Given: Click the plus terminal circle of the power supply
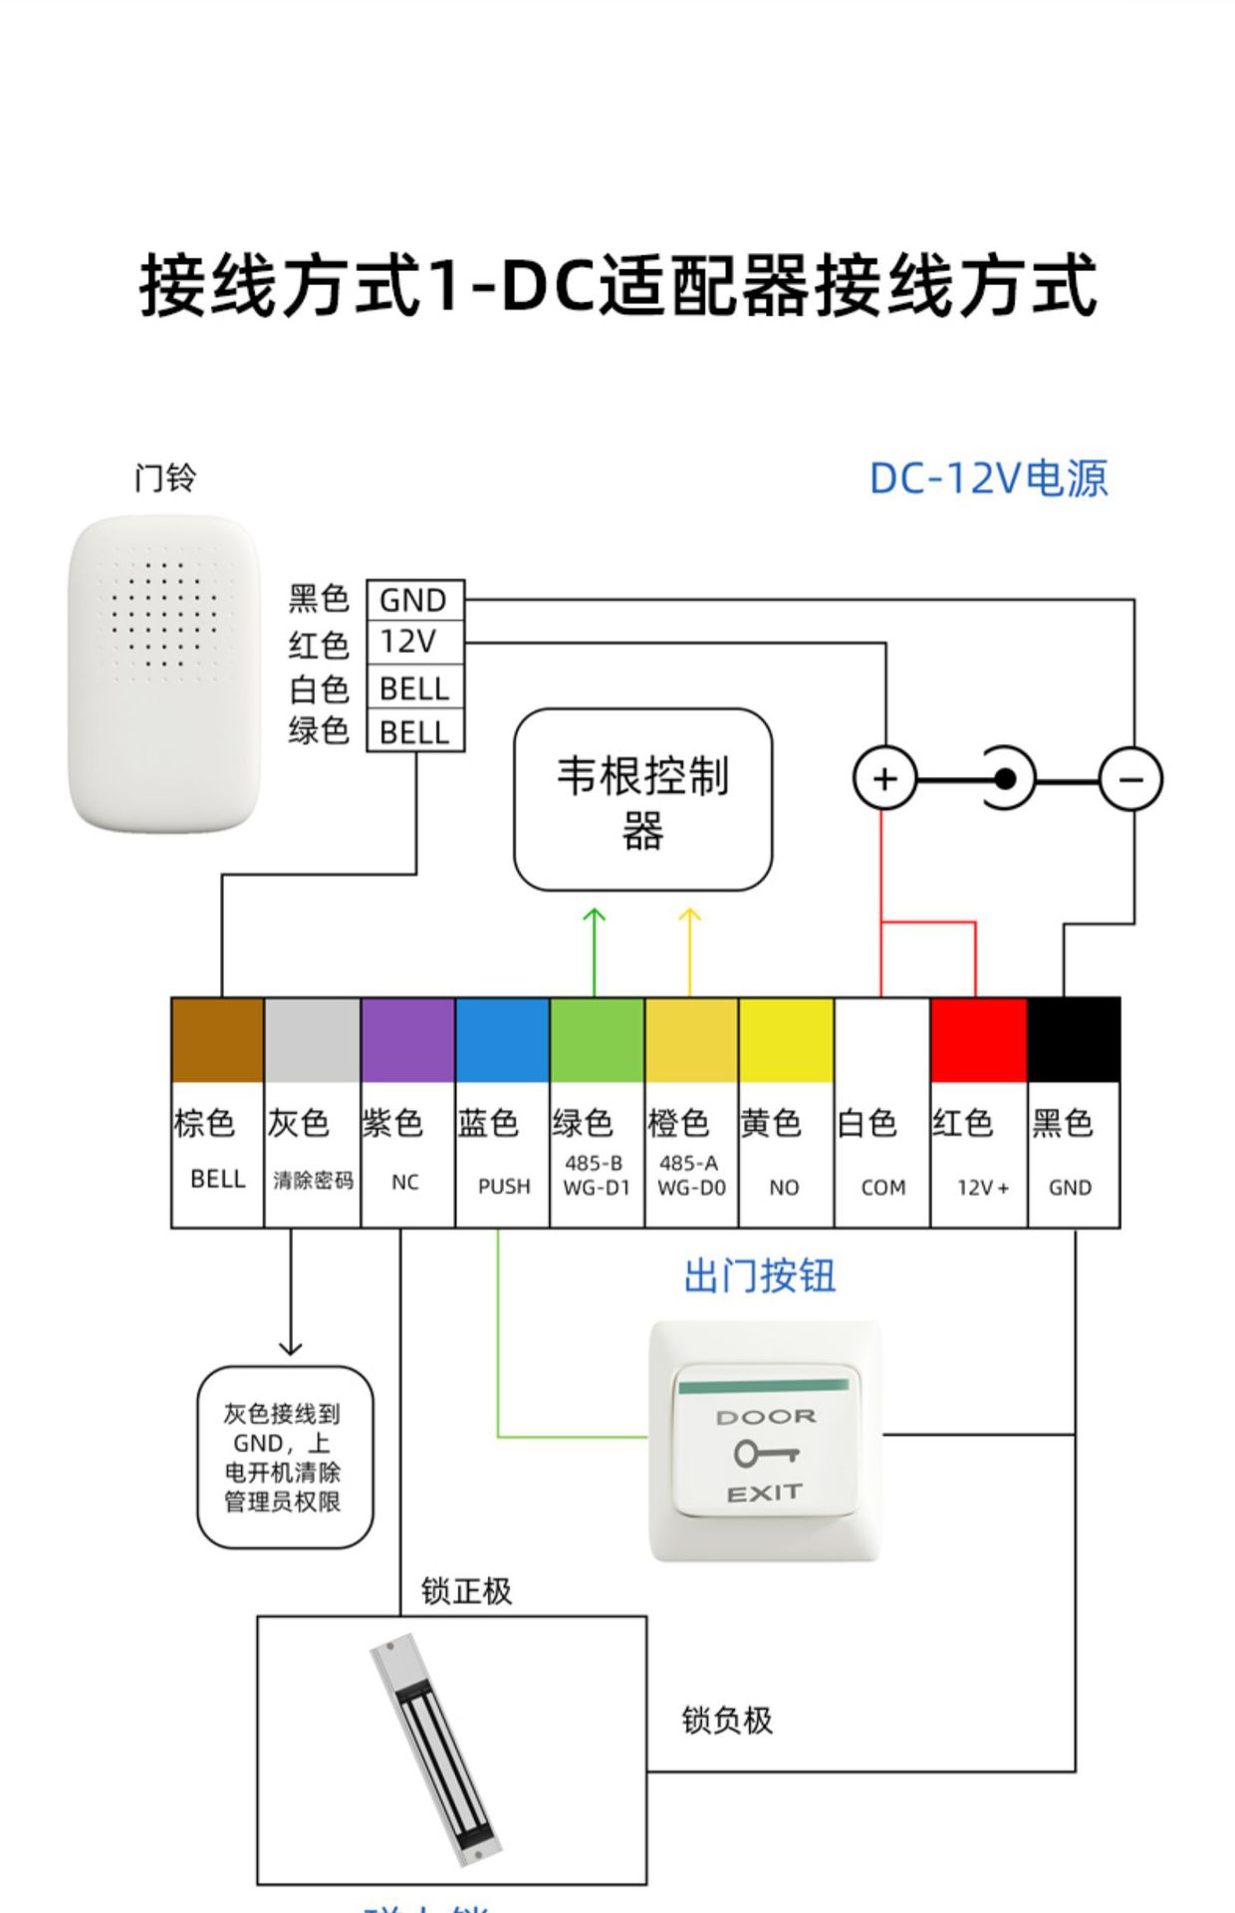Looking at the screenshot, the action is point(884,778).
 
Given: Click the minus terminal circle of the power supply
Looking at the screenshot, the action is point(1130,778).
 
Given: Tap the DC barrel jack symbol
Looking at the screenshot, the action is point(1007,778).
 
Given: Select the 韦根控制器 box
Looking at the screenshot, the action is point(642,800).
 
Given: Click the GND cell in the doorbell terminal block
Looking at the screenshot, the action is point(414,600).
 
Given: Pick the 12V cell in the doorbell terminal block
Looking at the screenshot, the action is point(414,642).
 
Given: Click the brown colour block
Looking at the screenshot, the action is point(217,1039).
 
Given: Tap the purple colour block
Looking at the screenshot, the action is point(407,1039).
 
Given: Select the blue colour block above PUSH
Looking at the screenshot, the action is point(502,1039).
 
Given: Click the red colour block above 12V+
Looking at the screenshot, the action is point(978,1039).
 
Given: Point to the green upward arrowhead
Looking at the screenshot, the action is point(595,914).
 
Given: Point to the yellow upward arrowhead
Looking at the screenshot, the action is point(689,914).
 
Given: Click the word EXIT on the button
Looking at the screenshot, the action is point(764,1493).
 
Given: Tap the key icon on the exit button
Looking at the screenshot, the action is point(765,1454).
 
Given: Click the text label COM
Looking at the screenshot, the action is point(883,1188).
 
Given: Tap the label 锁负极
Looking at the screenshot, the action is point(727,1720).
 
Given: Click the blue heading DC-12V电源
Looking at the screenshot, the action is point(988,478).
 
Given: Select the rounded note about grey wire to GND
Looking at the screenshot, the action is point(284,1457).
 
